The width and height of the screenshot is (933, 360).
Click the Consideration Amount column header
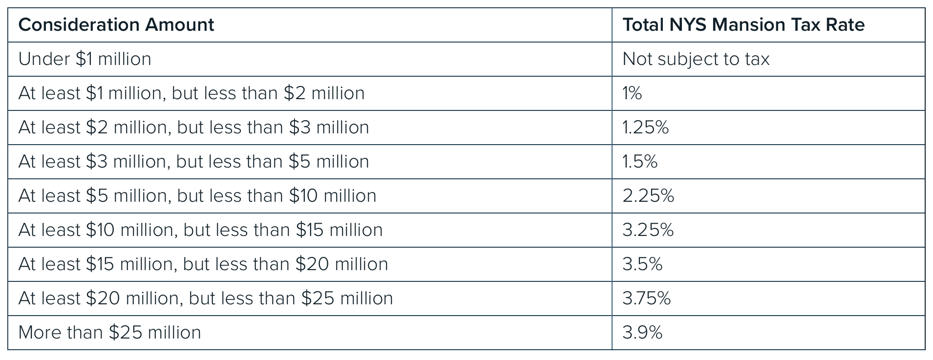[116, 25]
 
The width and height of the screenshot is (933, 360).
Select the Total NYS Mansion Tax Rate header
[743, 25]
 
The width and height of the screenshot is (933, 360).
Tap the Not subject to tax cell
[696, 59]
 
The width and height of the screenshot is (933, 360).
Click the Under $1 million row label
[85, 59]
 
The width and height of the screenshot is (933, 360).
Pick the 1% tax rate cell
[632, 93]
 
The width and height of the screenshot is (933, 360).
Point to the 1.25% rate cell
[645, 127]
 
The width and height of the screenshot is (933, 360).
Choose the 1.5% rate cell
[639, 162]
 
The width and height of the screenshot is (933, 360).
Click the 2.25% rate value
[648, 196]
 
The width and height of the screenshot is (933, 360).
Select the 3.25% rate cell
[648, 230]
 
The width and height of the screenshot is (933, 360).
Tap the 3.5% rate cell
[642, 264]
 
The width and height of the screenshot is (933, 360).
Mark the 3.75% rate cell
[646, 298]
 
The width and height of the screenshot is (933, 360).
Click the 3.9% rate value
[642, 333]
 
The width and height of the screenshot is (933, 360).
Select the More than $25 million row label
[109, 333]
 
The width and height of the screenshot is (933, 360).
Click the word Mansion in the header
[756, 25]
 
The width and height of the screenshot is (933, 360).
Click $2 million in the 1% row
[324, 93]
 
